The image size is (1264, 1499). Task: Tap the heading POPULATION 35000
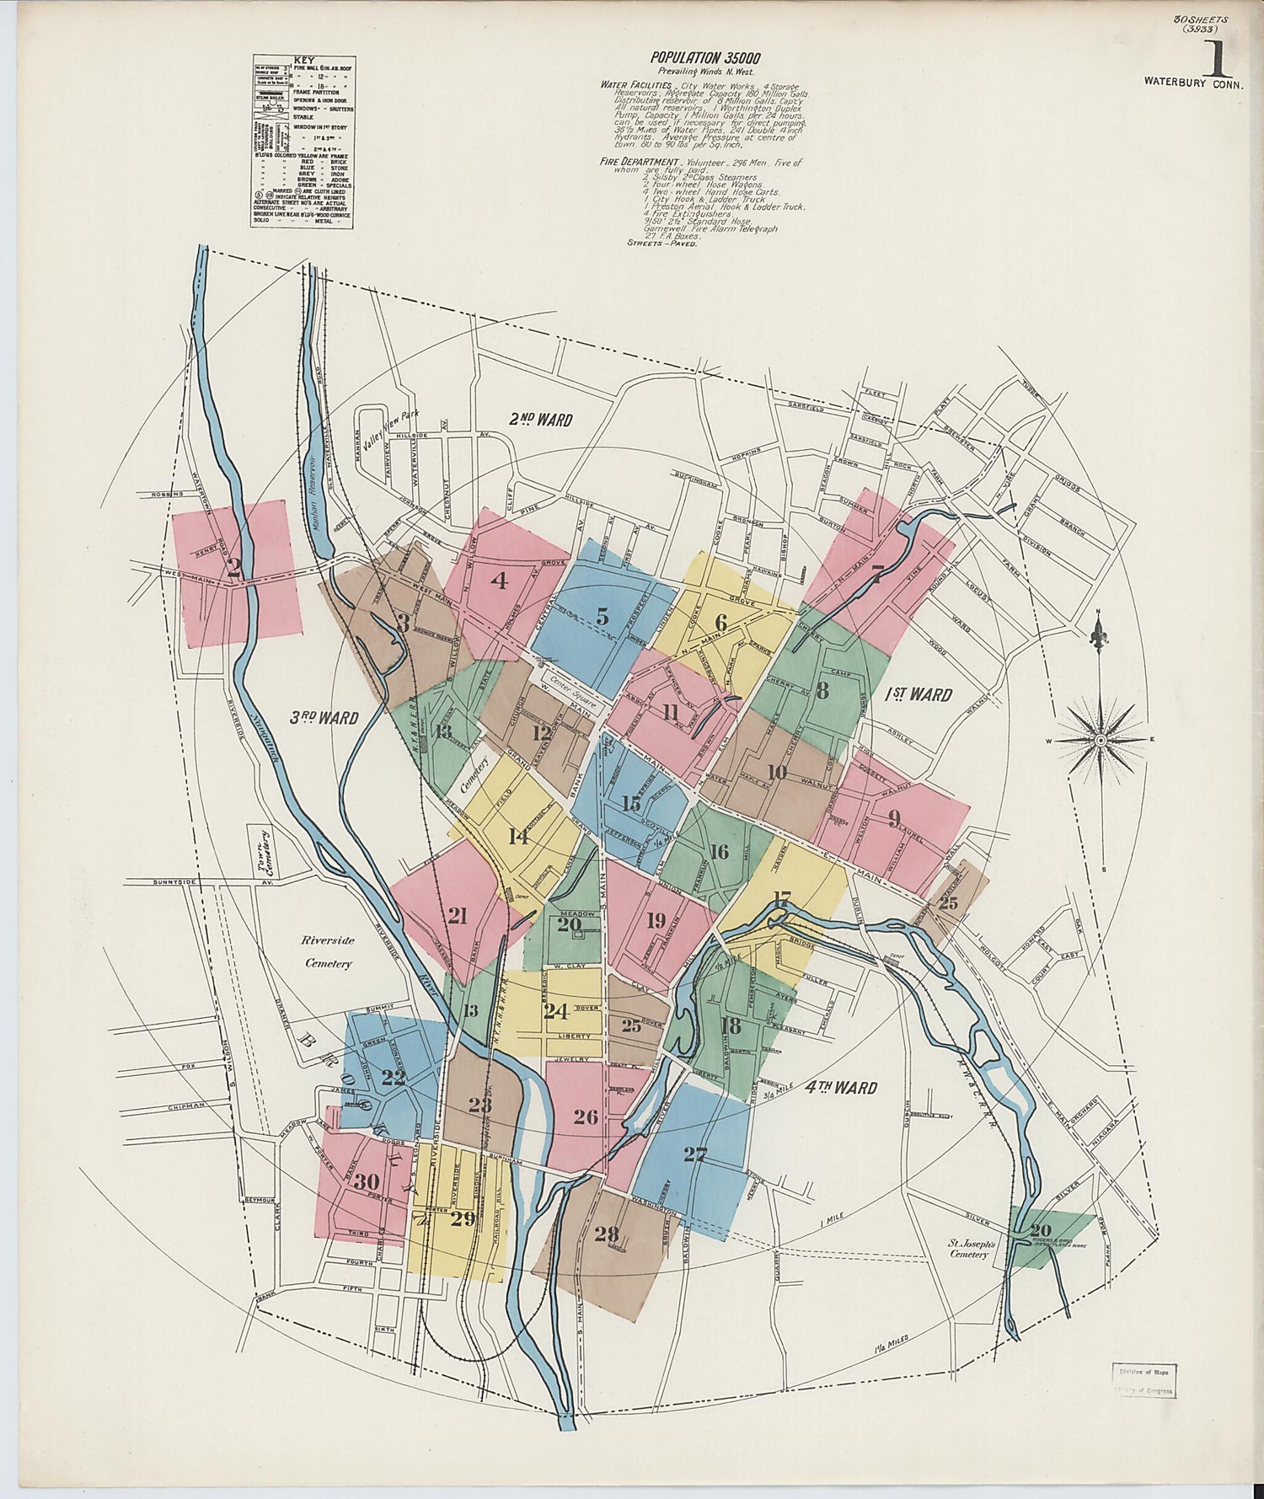point(705,58)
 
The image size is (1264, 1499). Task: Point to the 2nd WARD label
point(541,420)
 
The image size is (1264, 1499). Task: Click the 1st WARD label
point(919,694)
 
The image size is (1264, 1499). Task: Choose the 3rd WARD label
point(324,718)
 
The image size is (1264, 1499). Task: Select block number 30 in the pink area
point(366,1181)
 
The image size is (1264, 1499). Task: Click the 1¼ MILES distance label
point(893,1341)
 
